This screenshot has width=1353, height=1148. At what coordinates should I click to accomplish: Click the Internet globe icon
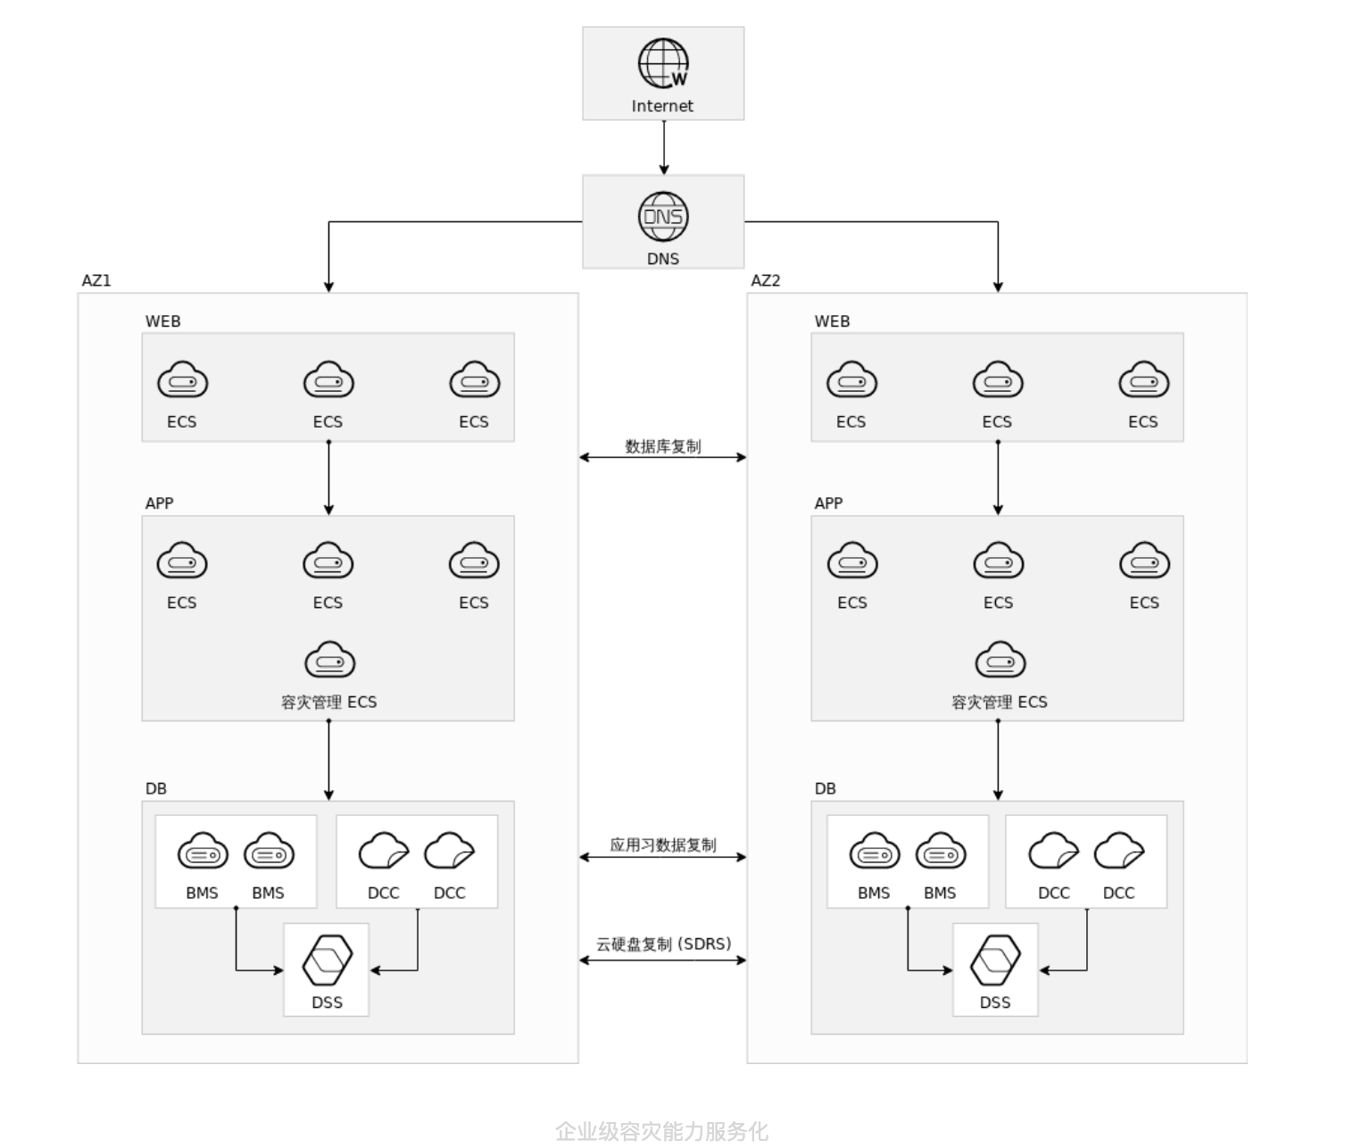tap(663, 63)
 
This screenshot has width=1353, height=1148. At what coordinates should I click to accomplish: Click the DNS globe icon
tap(663, 217)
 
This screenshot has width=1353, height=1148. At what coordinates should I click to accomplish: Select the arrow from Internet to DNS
tap(664, 147)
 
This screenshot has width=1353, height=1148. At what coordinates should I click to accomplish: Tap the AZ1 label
tap(96, 280)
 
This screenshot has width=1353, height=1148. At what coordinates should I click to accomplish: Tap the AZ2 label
tap(766, 280)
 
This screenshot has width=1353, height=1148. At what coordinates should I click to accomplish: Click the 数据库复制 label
tap(663, 446)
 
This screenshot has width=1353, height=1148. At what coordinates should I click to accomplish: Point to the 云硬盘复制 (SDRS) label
tap(663, 944)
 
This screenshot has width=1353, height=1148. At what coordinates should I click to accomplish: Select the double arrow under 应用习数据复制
tap(663, 857)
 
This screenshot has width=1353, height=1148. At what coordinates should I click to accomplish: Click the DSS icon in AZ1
tap(328, 961)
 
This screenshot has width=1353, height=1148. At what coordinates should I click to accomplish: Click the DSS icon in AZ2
tap(996, 961)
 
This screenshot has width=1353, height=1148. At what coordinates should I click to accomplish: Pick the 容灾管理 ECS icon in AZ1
tap(330, 661)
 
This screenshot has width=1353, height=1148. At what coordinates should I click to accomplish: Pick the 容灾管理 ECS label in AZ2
tap(999, 702)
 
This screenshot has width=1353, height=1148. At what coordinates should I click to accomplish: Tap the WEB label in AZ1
tap(163, 321)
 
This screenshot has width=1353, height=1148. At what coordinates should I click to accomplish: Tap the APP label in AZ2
tap(828, 503)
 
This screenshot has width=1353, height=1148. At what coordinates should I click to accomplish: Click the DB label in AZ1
tap(156, 788)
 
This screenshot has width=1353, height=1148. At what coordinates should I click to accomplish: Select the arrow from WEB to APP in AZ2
tap(998, 478)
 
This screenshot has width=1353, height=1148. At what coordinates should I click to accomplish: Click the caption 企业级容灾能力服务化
tap(661, 1131)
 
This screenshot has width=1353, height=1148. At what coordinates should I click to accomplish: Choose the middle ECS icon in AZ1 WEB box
tap(328, 381)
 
